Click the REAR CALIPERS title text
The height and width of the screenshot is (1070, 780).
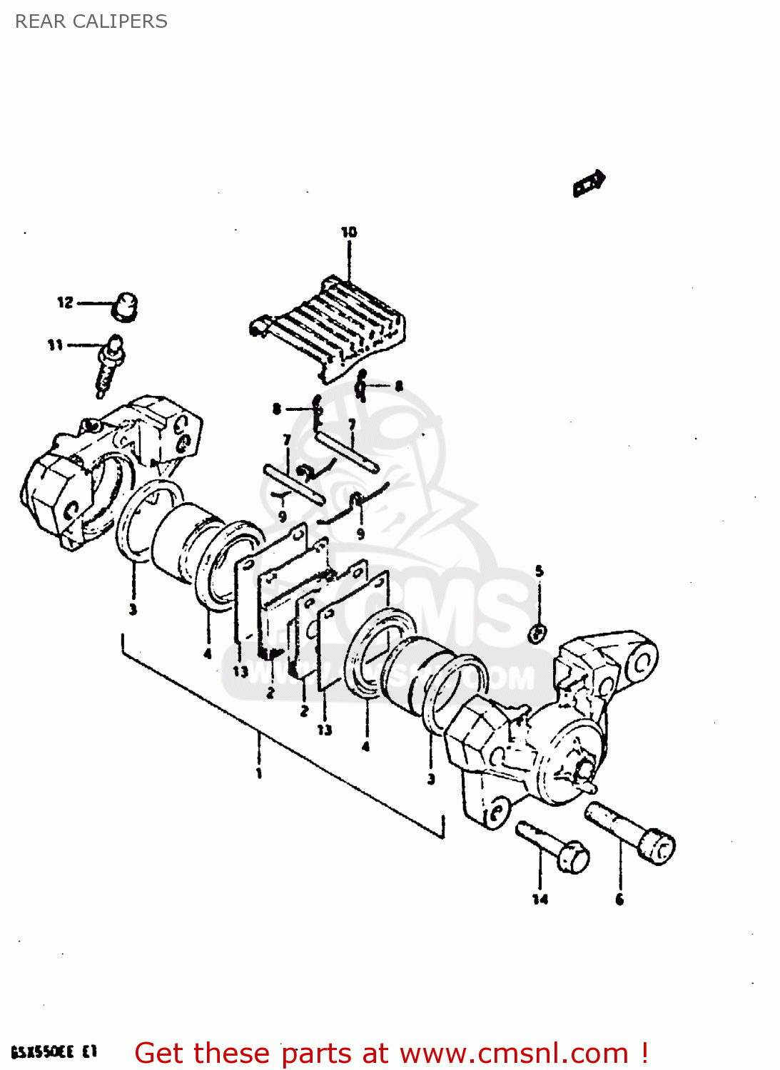point(91,21)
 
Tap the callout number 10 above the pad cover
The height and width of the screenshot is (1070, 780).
point(348,233)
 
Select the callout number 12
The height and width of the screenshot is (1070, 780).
point(65,302)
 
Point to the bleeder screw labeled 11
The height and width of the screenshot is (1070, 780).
point(110,365)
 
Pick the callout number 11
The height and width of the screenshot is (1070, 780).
point(55,345)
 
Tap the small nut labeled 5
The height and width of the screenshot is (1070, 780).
point(538,632)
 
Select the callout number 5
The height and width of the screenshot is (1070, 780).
point(539,571)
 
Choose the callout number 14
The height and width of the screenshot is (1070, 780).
point(540,900)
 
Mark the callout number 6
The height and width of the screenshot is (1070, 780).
point(619,900)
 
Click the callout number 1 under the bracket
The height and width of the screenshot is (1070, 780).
point(259,773)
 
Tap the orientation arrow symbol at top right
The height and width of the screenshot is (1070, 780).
point(589,183)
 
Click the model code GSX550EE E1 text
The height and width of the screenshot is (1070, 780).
point(54,1052)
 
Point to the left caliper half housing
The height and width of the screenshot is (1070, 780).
point(107,471)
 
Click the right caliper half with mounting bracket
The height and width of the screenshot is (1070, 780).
point(557,735)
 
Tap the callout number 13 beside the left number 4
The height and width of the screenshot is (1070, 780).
point(240,671)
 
